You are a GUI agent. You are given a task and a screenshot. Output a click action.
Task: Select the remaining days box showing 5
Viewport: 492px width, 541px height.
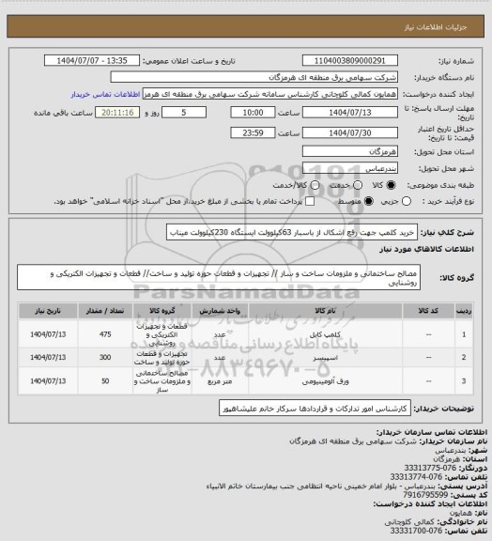coord(181,111)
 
